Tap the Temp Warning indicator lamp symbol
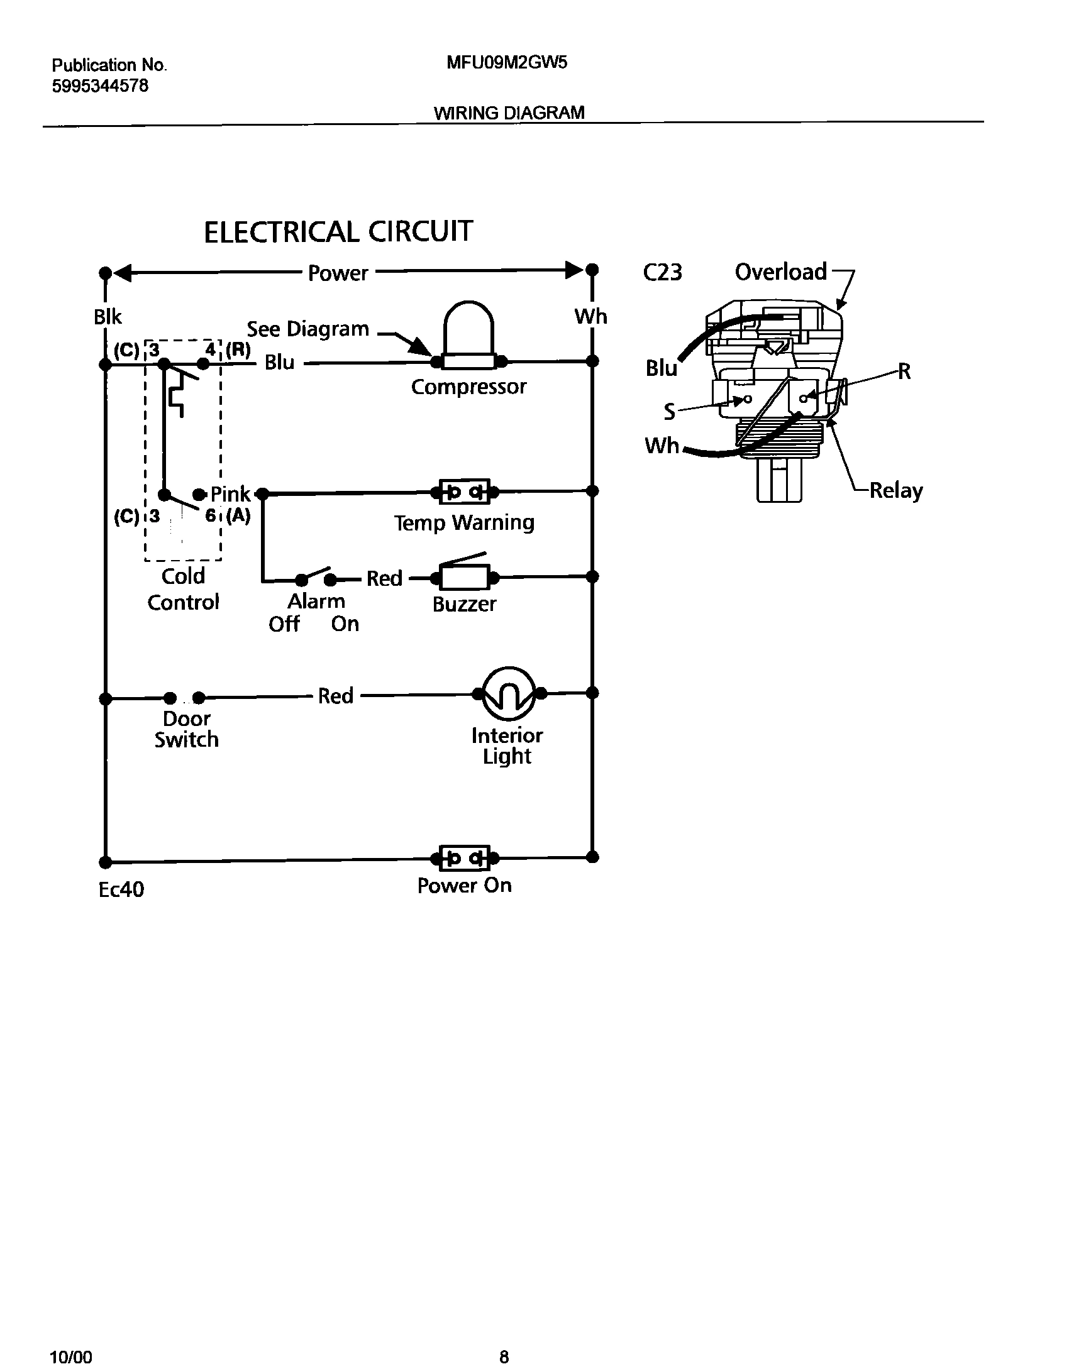465,492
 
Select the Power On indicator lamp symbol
465,858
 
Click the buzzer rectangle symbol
465,577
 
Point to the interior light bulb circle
508,693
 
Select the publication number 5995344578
100,86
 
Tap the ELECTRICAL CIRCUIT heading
338,232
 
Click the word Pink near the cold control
230,494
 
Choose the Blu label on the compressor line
279,363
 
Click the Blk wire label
108,317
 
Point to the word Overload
780,272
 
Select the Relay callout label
895,490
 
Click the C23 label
662,273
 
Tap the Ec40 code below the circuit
121,889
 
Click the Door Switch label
186,729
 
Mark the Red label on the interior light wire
335,696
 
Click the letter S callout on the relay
669,412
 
